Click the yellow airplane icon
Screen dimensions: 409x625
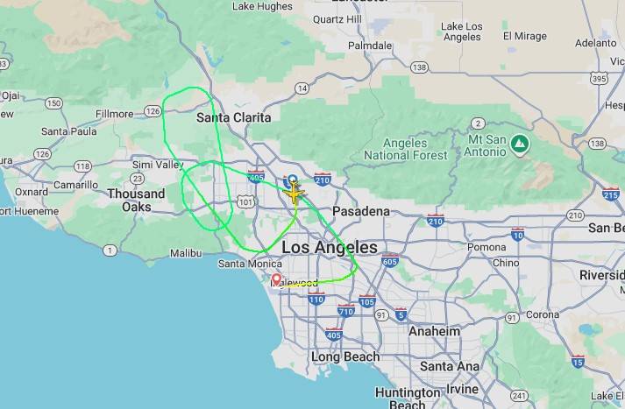(x=293, y=192)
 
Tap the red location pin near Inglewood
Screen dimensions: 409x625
(x=276, y=280)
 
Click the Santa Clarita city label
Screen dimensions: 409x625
(x=233, y=116)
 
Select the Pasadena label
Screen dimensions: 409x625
(x=360, y=211)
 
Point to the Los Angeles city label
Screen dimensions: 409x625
(x=330, y=248)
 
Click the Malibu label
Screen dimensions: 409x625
(x=185, y=253)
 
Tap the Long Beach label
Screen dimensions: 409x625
(x=345, y=356)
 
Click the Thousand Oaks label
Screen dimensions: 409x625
(x=136, y=200)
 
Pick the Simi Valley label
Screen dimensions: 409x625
(x=157, y=165)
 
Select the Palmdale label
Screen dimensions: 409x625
(x=369, y=45)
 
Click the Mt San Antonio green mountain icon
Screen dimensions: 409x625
(x=520, y=141)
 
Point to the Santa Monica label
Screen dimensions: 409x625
(x=245, y=264)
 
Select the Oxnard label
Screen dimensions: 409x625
(x=32, y=192)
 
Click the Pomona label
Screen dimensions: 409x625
(x=487, y=248)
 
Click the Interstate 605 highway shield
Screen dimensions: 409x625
(x=390, y=261)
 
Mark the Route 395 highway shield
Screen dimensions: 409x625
(x=600, y=79)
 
